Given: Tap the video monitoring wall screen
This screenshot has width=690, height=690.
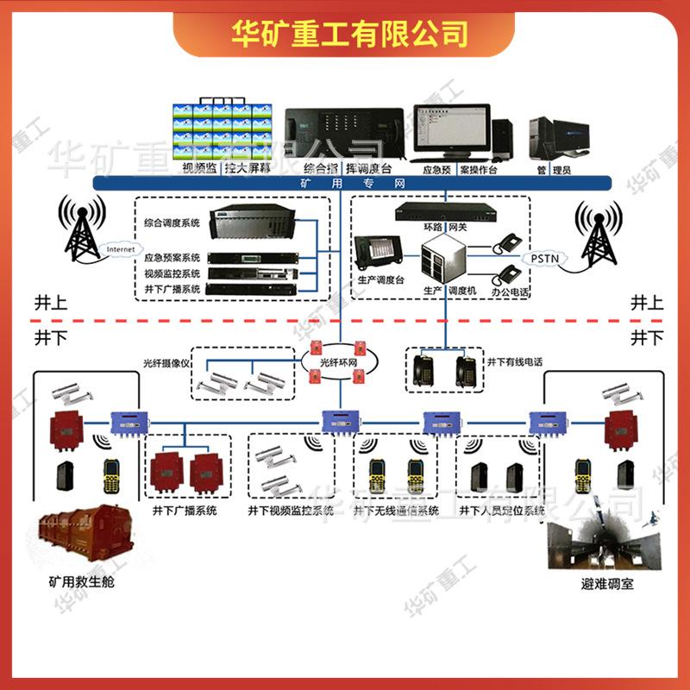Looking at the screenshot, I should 223,131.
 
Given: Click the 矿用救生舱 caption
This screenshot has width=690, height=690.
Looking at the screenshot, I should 81,582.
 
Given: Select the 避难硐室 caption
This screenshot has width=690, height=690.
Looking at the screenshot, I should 607,584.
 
